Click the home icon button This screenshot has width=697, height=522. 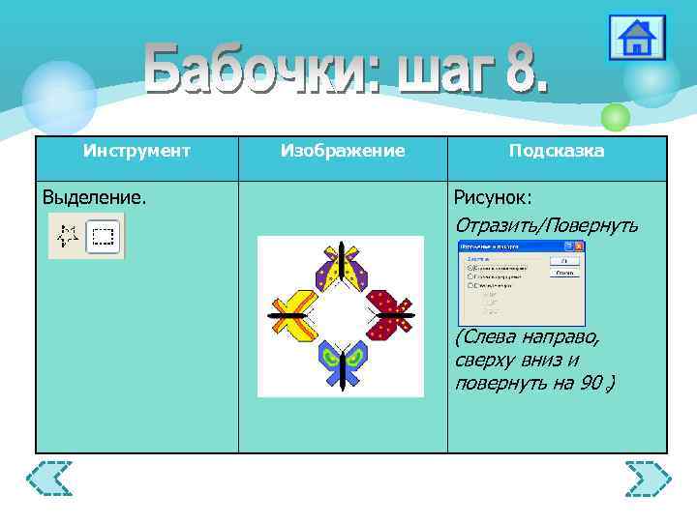coord(636,38)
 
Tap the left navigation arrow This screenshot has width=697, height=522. coord(48,478)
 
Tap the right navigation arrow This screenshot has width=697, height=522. coord(648,478)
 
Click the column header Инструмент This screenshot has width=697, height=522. coord(136,151)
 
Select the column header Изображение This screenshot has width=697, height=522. coord(343,151)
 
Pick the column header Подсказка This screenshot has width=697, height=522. coord(557,151)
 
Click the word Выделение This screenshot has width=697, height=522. coord(95,197)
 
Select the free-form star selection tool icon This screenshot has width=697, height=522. coord(67,235)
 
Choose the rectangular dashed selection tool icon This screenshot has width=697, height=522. coord(103,235)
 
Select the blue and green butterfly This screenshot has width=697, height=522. coord(342,362)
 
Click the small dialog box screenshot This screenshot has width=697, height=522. coord(521,283)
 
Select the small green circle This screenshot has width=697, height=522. coord(615,117)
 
